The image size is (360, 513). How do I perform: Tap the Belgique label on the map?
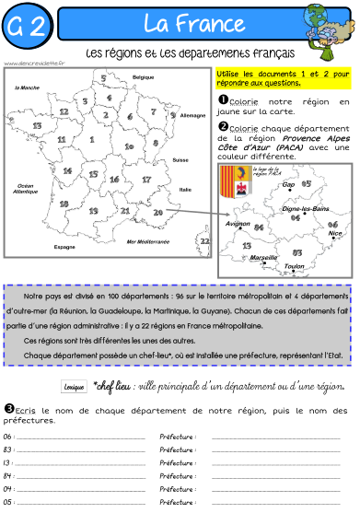143,76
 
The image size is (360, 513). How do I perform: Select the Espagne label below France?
64,246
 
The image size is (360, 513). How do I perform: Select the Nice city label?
334,233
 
